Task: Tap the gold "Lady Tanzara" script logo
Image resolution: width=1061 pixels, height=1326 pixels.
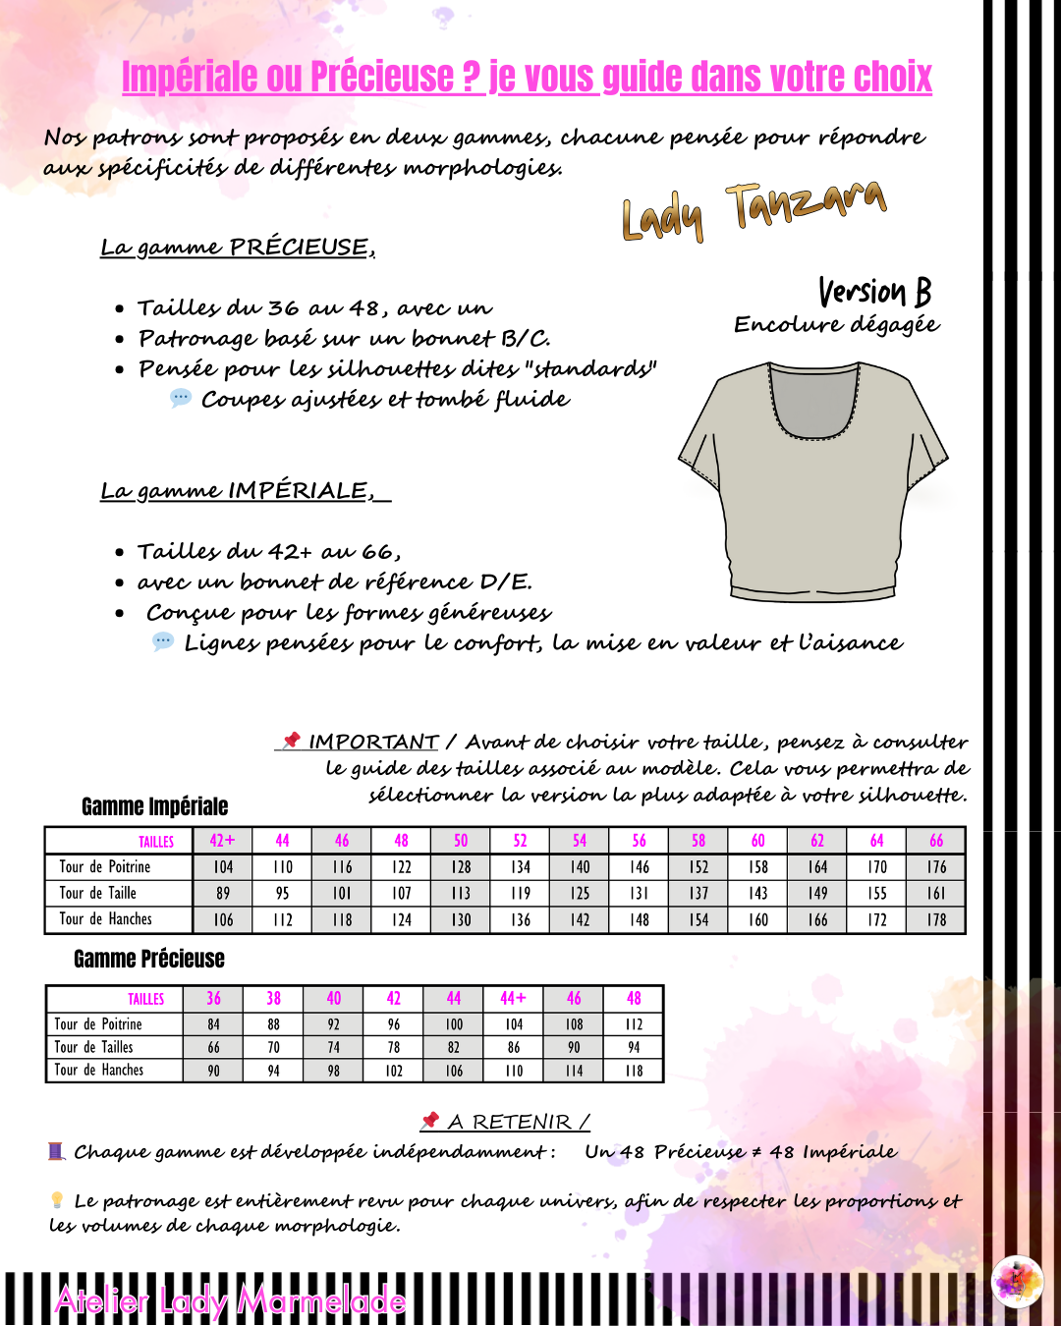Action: click(x=754, y=211)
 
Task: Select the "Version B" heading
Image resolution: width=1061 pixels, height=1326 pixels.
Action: click(x=874, y=292)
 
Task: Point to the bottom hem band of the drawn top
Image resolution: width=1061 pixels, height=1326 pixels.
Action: click(x=812, y=590)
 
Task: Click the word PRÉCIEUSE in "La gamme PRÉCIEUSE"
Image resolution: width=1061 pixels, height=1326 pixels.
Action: click(x=299, y=247)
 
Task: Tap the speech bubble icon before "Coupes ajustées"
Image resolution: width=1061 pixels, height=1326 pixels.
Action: click(x=181, y=398)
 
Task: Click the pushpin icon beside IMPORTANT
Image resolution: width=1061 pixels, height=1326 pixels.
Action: click(x=291, y=740)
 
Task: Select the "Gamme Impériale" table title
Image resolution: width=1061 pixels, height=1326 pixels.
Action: click(x=154, y=806)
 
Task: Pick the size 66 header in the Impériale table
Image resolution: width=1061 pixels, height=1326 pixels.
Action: click(x=936, y=841)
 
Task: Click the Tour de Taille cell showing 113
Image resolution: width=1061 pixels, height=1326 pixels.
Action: click(x=461, y=894)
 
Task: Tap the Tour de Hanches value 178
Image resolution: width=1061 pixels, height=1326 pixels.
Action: click(x=936, y=920)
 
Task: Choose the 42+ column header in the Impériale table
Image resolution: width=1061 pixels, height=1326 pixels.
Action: click(x=222, y=841)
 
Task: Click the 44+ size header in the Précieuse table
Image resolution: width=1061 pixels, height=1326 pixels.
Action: click(x=513, y=999)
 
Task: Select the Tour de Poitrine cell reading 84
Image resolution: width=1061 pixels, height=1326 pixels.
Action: click(x=213, y=1024)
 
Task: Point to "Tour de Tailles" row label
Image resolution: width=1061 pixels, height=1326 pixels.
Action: click(x=93, y=1047)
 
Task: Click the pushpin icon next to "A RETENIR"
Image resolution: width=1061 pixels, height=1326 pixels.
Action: click(x=429, y=1120)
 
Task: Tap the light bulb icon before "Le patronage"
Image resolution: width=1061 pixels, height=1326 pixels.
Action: click(x=57, y=1199)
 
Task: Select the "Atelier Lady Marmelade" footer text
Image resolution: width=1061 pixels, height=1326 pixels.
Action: click(x=230, y=1301)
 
